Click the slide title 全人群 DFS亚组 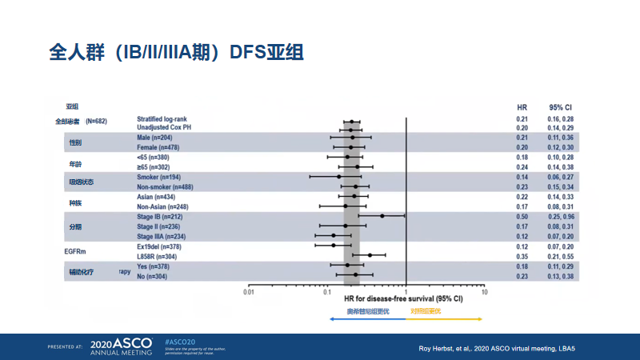(175, 54)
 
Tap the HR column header (522, 106)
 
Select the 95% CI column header (560, 106)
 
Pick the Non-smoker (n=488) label (164, 186)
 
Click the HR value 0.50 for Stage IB (522, 216)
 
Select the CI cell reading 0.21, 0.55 (561, 256)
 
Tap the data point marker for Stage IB (382, 216)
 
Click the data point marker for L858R (370, 256)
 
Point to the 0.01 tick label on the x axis (249, 293)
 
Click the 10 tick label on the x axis (484, 293)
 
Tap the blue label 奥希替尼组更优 (367, 310)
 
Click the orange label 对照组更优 (426, 310)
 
